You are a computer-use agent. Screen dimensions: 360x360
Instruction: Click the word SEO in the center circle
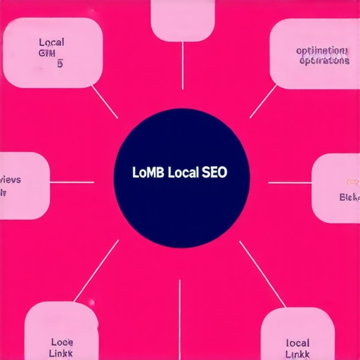(x=215, y=172)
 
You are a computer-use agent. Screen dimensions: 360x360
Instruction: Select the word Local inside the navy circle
(x=182, y=172)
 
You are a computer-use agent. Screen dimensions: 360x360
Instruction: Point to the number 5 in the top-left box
(x=60, y=64)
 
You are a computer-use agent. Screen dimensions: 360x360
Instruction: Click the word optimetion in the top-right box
(x=321, y=51)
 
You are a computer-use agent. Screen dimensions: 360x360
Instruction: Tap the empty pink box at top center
(x=182, y=20)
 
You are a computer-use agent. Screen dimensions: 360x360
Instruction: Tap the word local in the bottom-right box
(x=298, y=324)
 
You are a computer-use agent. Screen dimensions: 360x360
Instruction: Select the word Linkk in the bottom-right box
(x=298, y=335)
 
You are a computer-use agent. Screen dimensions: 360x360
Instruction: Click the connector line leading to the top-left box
(x=105, y=102)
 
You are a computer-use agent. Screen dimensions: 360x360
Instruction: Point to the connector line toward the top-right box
(x=264, y=102)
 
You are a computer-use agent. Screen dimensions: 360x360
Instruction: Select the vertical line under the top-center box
(x=182, y=63)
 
